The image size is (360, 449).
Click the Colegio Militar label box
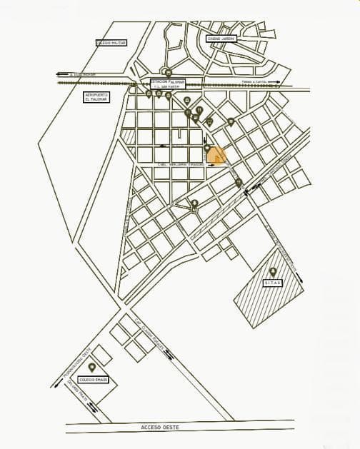pyautogui.click(x=110, y=43)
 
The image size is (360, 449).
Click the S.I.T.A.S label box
pyautogui.click(x=273, y=283)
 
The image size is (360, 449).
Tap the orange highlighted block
pyautogui.click(x=217, y=156)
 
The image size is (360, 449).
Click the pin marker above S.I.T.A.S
pyautogui.click(x=273, y=272)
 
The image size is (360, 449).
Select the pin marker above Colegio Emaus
pyautogui.click(x=92, y=368)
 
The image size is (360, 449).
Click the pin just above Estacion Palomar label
pyautogui.click(x=167, y=72)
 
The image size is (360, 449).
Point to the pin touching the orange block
pyautogui.click(x=207, y=149)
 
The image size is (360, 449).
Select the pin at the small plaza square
pyautogui.click(x=194, y=204)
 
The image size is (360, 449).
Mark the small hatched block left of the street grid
pyautogui.click(x=128, y=136)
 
